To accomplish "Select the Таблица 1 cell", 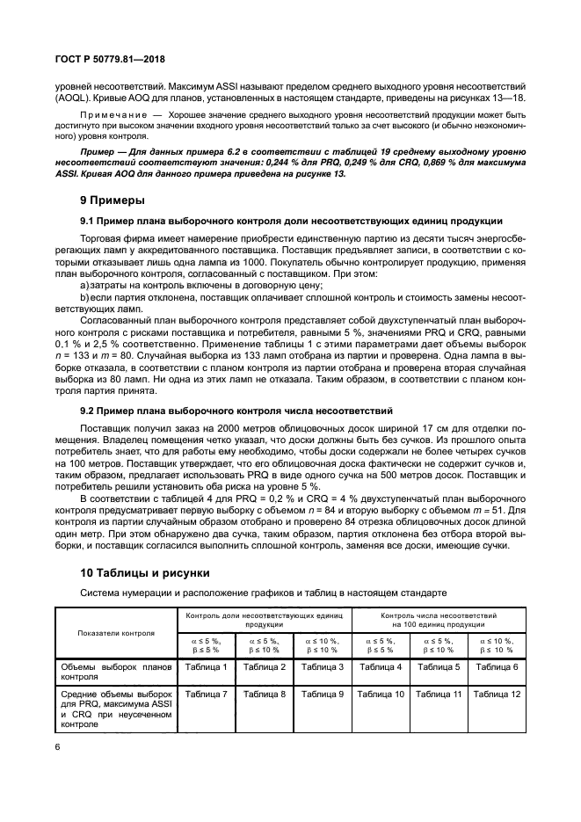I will click(x=207, y=668).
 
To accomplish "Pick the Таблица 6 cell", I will click(x=497, y=668).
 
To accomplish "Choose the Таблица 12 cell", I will click(x=497, y=695).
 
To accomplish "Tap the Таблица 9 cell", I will click(x=323, y=695).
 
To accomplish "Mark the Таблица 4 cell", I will click(x=381, y=668).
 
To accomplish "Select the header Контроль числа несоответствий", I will click(x=439, y=616).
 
